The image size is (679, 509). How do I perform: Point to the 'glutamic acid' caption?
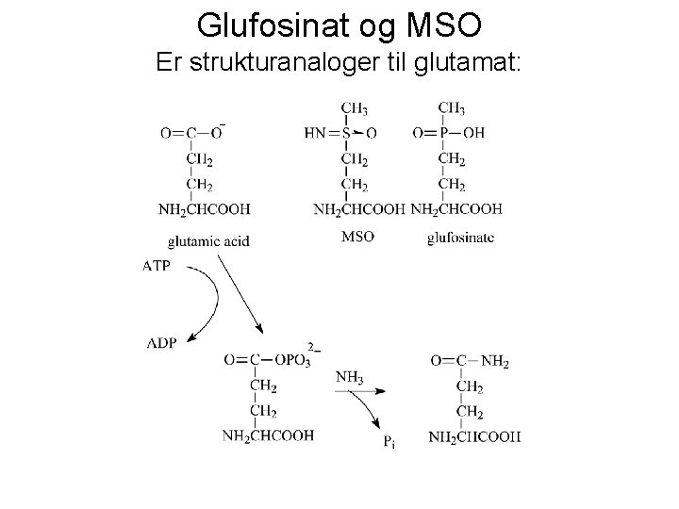pyautogui.click(x=208, y=240)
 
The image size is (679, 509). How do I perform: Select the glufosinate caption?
pyautogui.click(x=460, y=237)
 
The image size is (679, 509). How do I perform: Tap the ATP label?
pyautogui.click(x=157, y=267)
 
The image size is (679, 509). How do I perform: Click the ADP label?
pyautogui.click(x=161, y=342)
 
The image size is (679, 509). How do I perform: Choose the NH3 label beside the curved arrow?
pyautogui.click(x=349, y=378)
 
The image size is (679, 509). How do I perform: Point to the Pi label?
pyautogui.click(x=388, y=440)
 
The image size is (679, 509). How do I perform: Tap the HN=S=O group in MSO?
pyautogui.click(x=340, y=134)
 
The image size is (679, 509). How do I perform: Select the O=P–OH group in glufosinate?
pyautogui.click(x=448, y=134)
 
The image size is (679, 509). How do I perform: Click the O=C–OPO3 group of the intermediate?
pyautogui.click(x=269, y=360)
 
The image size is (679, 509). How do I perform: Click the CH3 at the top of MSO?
pyautogui.click(x=355, y=110)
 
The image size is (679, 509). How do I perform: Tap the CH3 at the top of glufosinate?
pyautogui.click(x=451, y=110)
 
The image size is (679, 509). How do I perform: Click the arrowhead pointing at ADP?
pyautogui.click(x=191, y=337)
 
